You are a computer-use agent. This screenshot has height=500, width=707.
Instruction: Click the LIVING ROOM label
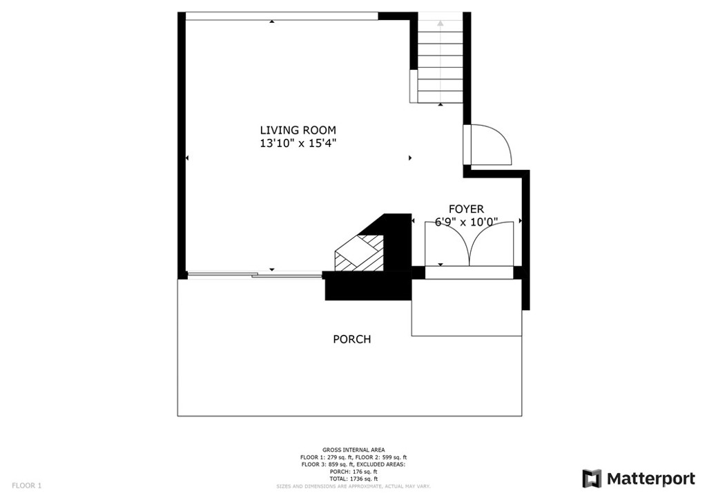pos(298,131)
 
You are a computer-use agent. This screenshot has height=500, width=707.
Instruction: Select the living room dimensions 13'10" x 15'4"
pos(298,144)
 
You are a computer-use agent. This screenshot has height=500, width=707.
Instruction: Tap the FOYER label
pos(466,209)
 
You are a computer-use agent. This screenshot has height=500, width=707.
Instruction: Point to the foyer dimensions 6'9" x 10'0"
pos(466,222)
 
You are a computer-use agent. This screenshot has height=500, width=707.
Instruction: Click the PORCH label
pos(351,339)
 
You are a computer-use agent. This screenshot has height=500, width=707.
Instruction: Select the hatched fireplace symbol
pos(358,253)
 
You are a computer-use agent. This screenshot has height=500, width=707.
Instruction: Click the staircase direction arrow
pos(440,61)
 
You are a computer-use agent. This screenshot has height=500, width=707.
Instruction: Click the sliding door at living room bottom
pos(255,274)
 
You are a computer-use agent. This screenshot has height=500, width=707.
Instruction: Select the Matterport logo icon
pos(592,479)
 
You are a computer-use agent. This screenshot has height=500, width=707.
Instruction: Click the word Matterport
pos(650,479)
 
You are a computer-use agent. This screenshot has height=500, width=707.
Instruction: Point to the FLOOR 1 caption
pos(27,485)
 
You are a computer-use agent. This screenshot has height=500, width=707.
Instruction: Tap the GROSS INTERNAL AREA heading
pos(353,450)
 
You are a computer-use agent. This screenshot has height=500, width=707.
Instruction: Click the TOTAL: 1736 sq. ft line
pos(353,479)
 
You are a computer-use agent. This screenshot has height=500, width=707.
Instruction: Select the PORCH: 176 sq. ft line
pos(353,472)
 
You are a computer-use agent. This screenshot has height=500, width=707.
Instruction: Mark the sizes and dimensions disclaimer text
pos(353,486)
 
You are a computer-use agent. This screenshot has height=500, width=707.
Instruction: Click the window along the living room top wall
pos(282,17)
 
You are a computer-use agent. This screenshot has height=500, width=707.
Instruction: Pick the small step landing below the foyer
pos(467,307)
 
